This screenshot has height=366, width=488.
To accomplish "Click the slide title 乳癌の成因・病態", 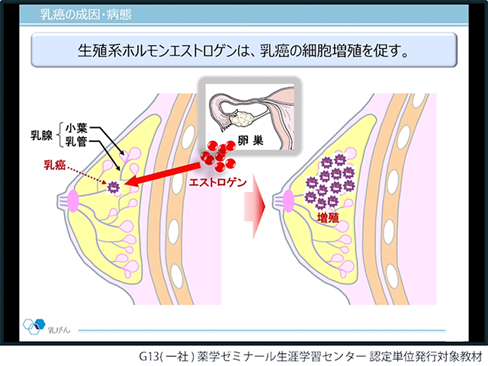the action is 86,14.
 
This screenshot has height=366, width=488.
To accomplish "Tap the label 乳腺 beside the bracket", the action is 41,135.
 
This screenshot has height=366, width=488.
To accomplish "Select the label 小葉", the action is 76,128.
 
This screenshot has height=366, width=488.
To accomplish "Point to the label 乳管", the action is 76,142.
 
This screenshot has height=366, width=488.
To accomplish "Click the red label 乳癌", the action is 54,165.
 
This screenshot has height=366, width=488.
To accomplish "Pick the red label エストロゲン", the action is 218,181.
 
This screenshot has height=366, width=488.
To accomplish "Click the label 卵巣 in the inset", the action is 251,140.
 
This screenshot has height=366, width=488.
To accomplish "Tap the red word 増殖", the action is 328,217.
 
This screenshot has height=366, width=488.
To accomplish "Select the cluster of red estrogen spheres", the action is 219,156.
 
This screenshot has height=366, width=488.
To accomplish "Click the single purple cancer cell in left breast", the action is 114,188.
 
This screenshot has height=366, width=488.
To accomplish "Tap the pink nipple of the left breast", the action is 73,201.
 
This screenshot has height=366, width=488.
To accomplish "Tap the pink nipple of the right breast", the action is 288,201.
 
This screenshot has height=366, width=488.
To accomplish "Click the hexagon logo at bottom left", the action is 34,326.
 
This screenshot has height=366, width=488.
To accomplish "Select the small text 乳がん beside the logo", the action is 59,330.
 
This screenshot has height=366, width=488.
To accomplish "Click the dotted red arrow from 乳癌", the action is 87,176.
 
